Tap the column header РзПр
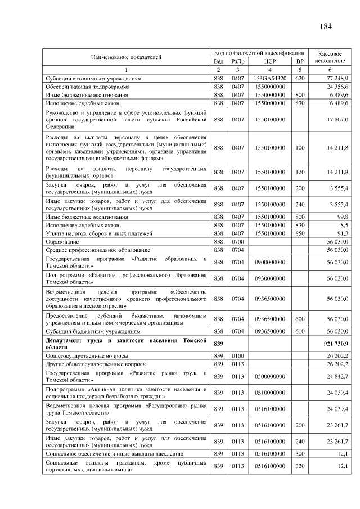(x=237, y=61)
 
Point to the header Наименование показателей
(x=127, y=57)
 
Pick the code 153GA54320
(x=269, y=79)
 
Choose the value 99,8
(x=343, y=216)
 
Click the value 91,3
(x=343, y=233)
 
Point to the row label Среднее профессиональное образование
(x=98, y=249)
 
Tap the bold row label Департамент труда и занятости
(x=127, y=344)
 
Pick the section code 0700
(x=237, y=241)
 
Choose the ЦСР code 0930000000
(x=269, y=278)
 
